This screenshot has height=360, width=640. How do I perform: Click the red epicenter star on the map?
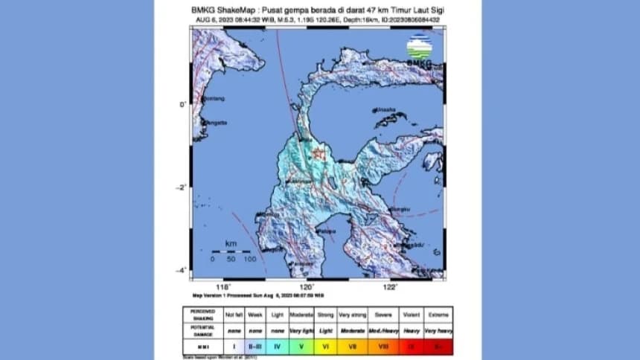point(319,154)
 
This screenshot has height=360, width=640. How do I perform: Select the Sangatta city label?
point(215,123)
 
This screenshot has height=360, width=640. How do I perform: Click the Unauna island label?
point(385,109)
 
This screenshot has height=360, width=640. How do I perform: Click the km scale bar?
point(231,251)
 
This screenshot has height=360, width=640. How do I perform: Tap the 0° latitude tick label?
point(182,105)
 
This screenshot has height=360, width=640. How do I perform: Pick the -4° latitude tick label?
point(181,271)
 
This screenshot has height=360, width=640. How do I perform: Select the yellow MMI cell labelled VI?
point(325,346)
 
